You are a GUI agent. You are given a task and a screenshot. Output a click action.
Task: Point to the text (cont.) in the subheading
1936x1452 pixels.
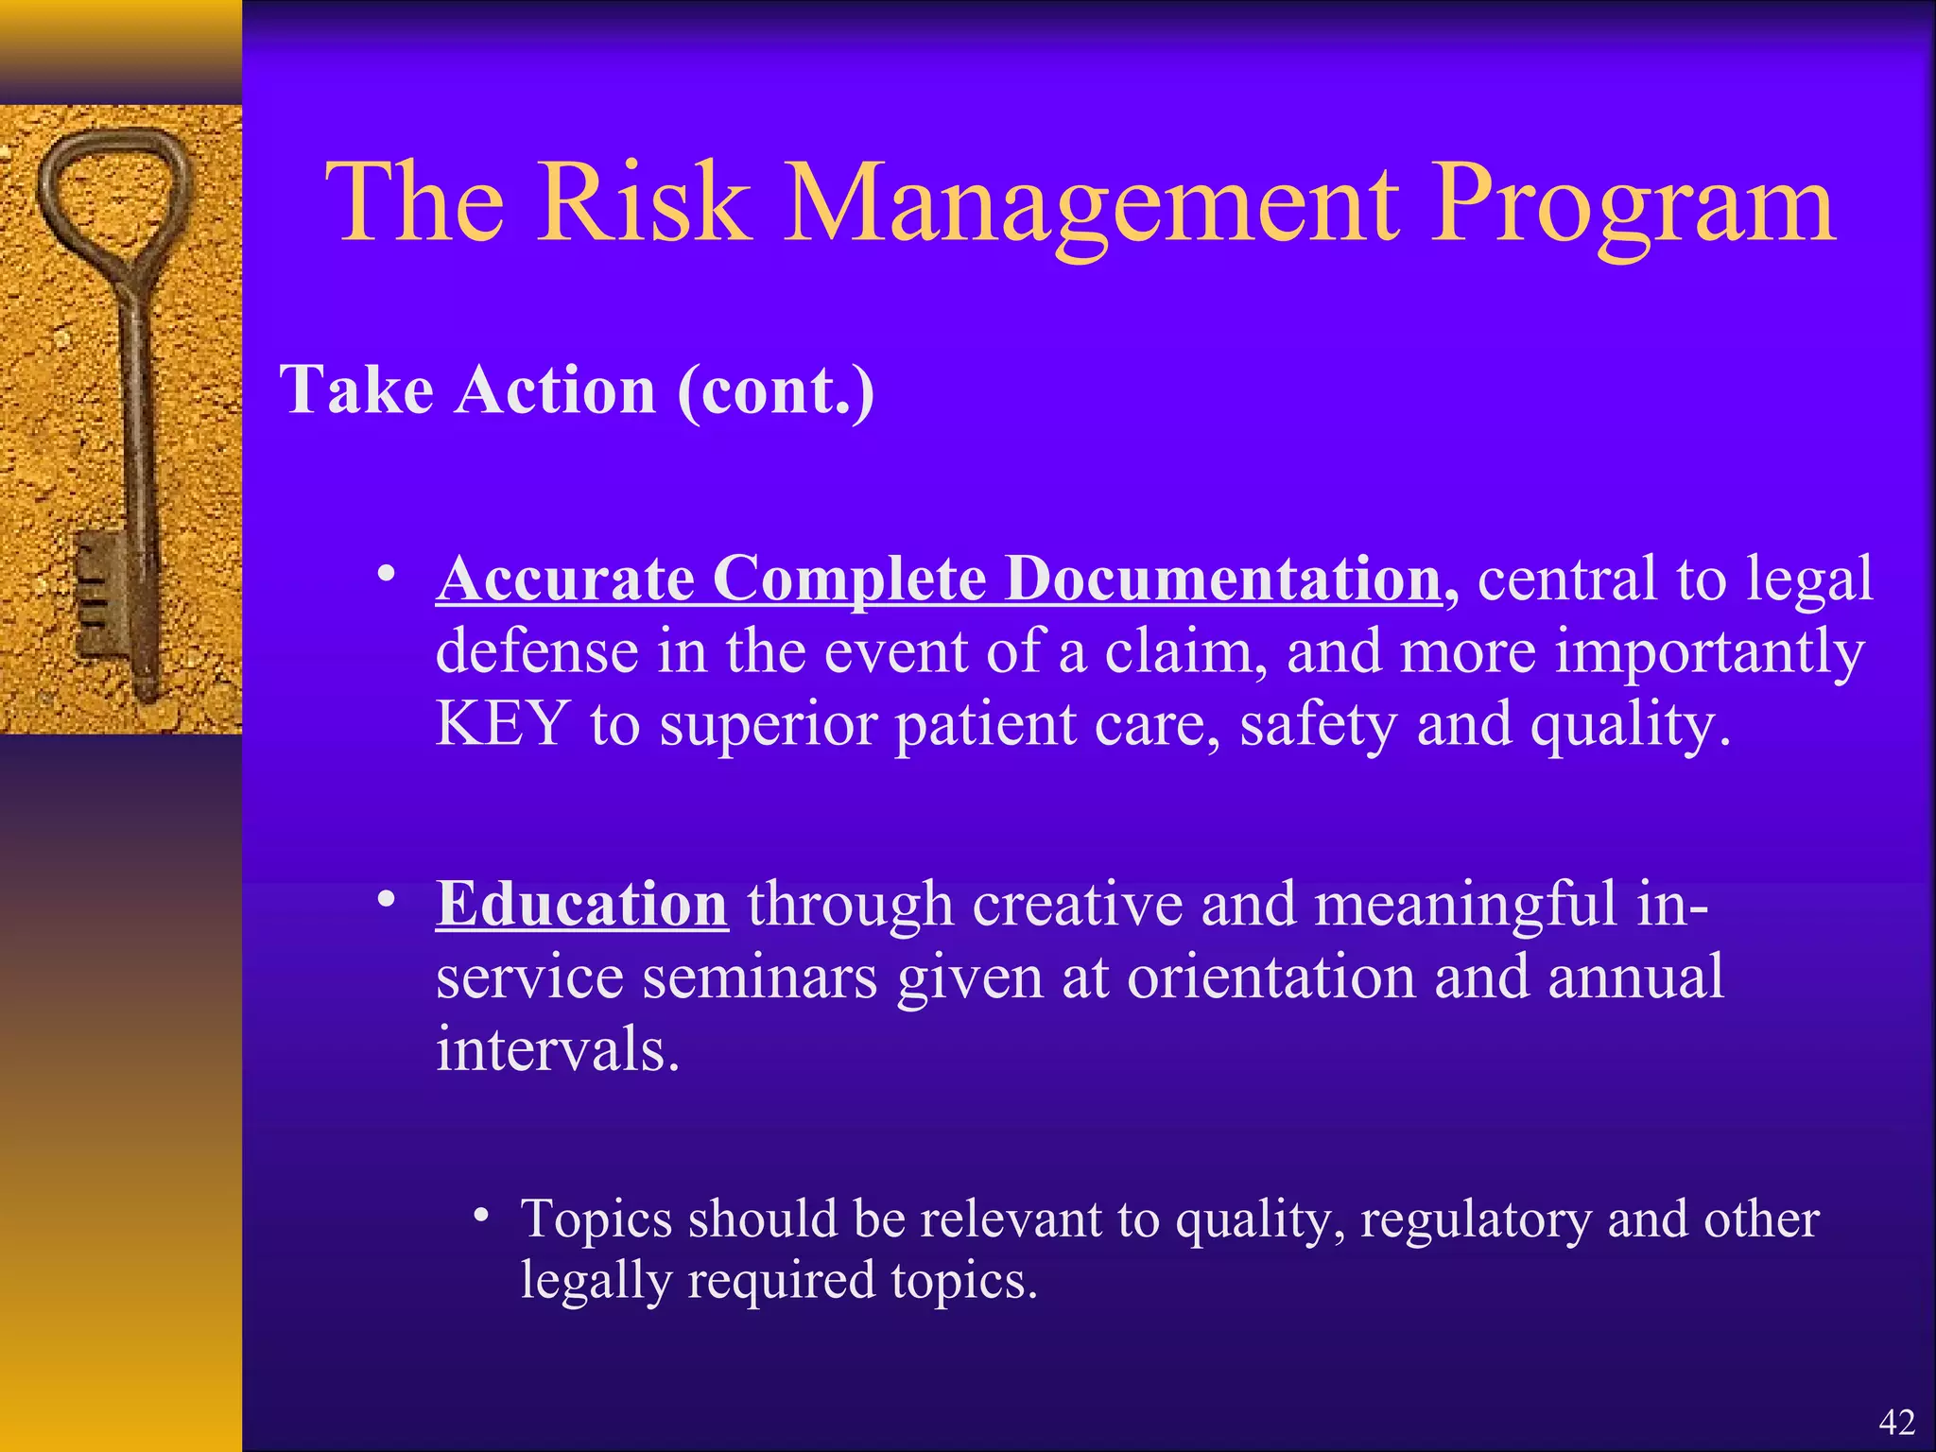tap(775, 391)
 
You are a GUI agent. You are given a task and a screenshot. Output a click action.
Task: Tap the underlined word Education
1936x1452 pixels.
tap(581, 904)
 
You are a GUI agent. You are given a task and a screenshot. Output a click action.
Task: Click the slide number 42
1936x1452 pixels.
tap(1896, 1422)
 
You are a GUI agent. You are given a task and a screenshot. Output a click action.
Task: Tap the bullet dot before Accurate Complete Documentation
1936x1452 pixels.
tap(385, 574)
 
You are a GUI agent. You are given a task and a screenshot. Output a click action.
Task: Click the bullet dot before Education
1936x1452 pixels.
tap(385, 900)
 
